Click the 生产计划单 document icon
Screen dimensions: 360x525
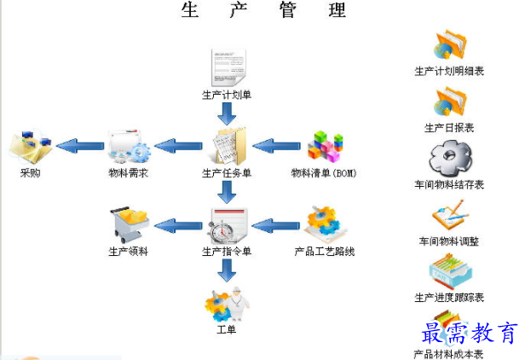pyautogui.click(x=227, y=67)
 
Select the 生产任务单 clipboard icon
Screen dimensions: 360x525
pyautogui.click(x=228, y=146)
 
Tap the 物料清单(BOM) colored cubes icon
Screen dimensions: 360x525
pyautogui.click(x=324, y=147)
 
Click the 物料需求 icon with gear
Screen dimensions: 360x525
pyautogui.click(x=130, y=147)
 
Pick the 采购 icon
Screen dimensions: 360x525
pyautogui.click(x=31, y=146)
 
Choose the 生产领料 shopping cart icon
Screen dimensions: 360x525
pyautogui.click(x=130, y=225)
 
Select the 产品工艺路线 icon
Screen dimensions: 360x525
pyautogui.click(x=324, y=224)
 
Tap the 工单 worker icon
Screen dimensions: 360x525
pyautogui.click(x=225, y=303)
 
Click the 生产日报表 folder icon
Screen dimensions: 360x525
pyautogui.click(x=449, y=102)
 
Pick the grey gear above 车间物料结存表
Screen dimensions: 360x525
pyautogui.click(x=449, y=159)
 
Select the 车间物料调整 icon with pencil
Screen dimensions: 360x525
pyautogui.click(x=449, y=215)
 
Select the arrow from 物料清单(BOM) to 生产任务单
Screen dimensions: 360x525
pyautogui.click(x=275, y=147)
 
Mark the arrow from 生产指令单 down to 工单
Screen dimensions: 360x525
pyautogui.click(x=226, y=270)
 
